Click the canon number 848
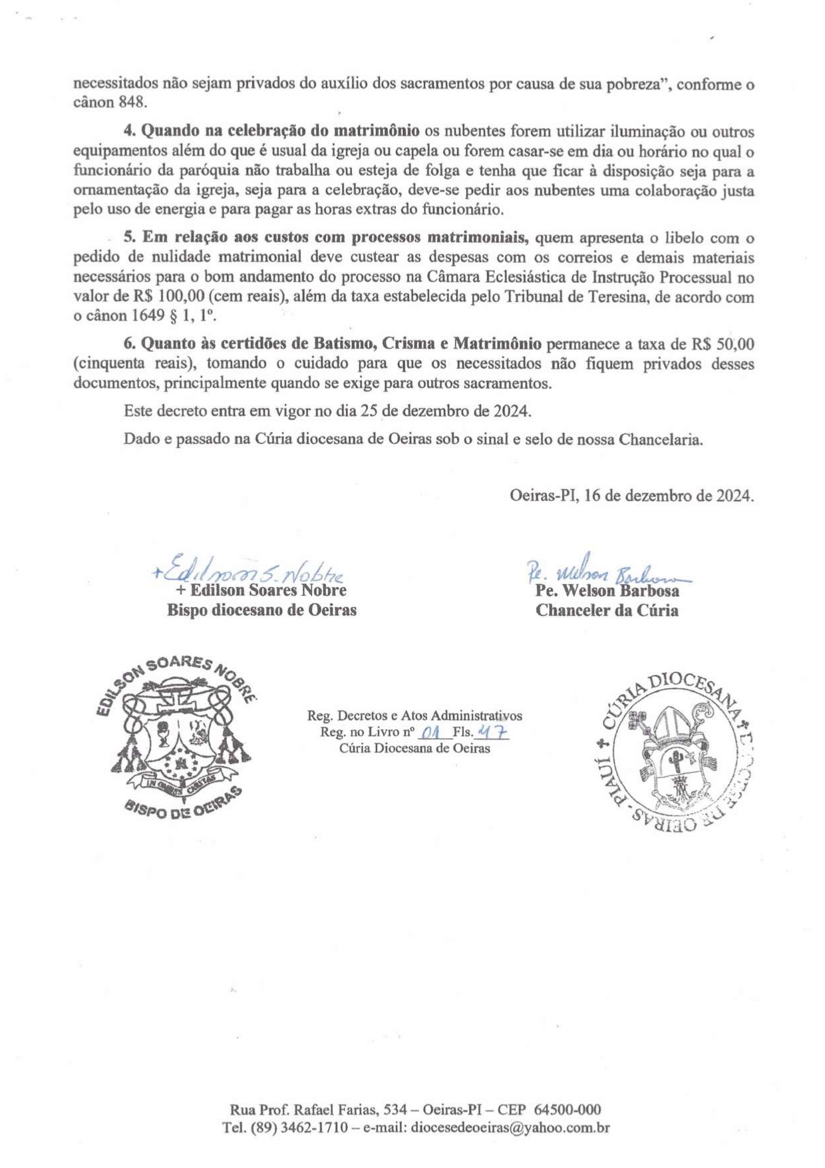(x=132, y=103)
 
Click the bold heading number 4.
(x=129, y=131)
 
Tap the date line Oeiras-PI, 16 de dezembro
(x=631, y=496)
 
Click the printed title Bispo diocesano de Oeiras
(x=261, y=610)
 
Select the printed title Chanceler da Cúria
(x=607, y=610)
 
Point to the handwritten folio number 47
(x=493, y=732)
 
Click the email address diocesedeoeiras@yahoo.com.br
(x=510, y=1128)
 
